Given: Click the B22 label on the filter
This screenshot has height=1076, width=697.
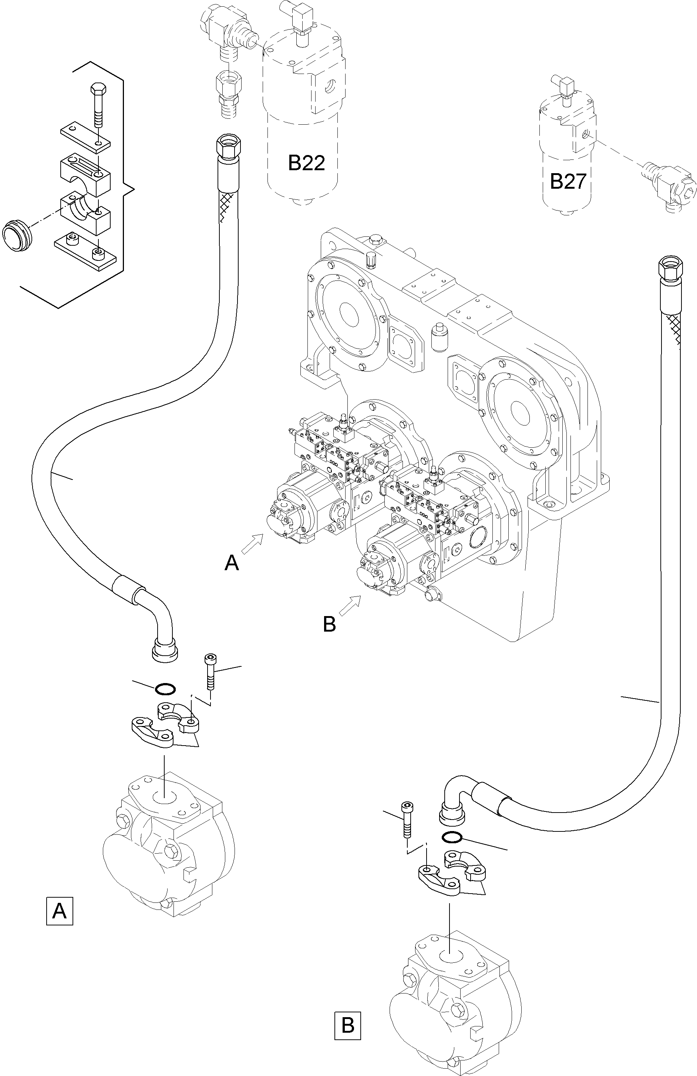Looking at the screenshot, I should coord(306,163).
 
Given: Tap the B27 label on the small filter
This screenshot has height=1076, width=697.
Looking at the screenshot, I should coord(568,181).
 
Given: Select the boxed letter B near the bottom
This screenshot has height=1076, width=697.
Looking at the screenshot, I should coord(348,1025).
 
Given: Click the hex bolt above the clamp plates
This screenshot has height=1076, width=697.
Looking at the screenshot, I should coord(98,104).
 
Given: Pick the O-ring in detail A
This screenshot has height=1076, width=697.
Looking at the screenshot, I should coord(165,689).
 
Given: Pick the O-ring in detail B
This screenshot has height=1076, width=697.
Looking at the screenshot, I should coord(452,837).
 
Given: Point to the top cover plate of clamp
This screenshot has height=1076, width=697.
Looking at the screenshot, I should coord(86,136).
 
